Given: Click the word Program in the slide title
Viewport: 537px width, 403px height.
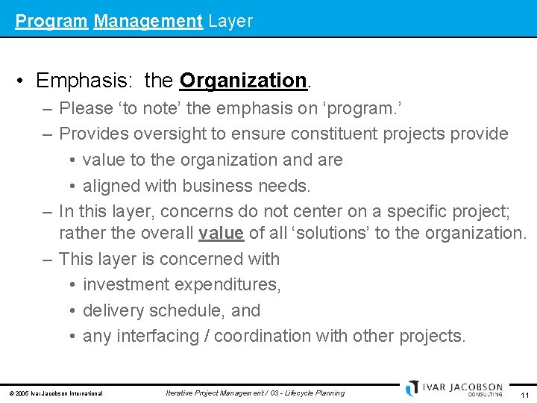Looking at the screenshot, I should [x=51, y=21].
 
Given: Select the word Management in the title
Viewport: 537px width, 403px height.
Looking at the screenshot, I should [x=148, y=21].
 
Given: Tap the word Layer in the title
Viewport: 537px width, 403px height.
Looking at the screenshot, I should [x=230, y=21].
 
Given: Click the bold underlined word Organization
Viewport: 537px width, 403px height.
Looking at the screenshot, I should [x=243, y=80].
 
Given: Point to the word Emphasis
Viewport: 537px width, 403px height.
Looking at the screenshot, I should [x=81, y=80].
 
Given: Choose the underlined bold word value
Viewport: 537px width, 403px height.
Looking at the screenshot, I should [x=221, y=233].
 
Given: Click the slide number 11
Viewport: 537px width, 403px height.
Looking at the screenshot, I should [x=525, y=394].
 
